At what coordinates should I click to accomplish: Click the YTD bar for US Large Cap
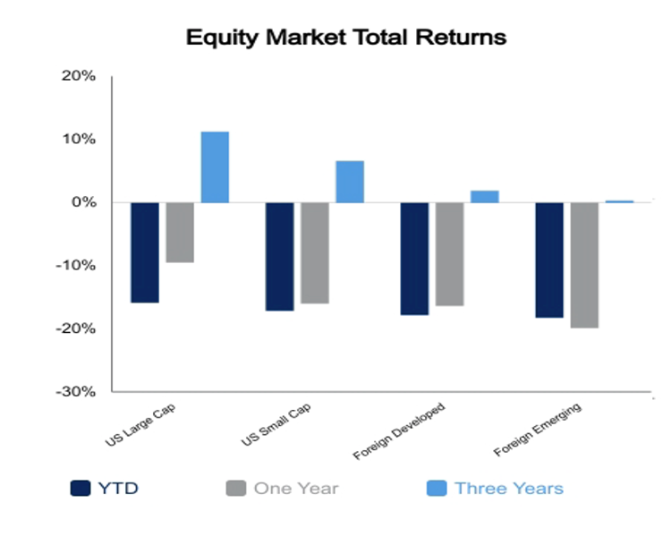tap(145, 252)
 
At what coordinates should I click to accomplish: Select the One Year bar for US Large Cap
tap(180, 233)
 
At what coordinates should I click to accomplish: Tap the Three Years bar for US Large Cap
tap(215, 167)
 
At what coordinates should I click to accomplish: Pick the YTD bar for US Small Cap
tap(279, 257)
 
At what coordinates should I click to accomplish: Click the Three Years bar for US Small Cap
tap(350, 182)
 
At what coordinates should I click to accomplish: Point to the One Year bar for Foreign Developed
tap(449, 254)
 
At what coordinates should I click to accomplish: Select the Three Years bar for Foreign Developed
tap(484, 197)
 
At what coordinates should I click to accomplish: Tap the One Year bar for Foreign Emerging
tap(584, 265)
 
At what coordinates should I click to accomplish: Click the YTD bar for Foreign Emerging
tap(549, 260)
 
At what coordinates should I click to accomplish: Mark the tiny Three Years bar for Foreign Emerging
tap(619, 201)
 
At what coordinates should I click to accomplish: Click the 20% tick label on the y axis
tap(79, 76)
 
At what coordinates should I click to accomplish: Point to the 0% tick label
tap(83, 202)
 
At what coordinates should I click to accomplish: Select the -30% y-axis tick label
tap(75, 391)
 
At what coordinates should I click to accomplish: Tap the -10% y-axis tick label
tap(75, 266)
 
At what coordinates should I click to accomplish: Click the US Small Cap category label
tap(276, 424)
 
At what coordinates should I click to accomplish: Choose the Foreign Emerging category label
tap(538, 430)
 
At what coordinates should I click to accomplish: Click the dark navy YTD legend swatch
tap(81, 488)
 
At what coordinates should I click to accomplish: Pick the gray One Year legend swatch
tap(236, 488)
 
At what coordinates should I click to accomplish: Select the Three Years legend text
tap(509, 488)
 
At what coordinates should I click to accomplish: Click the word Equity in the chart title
tap(223, 38)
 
